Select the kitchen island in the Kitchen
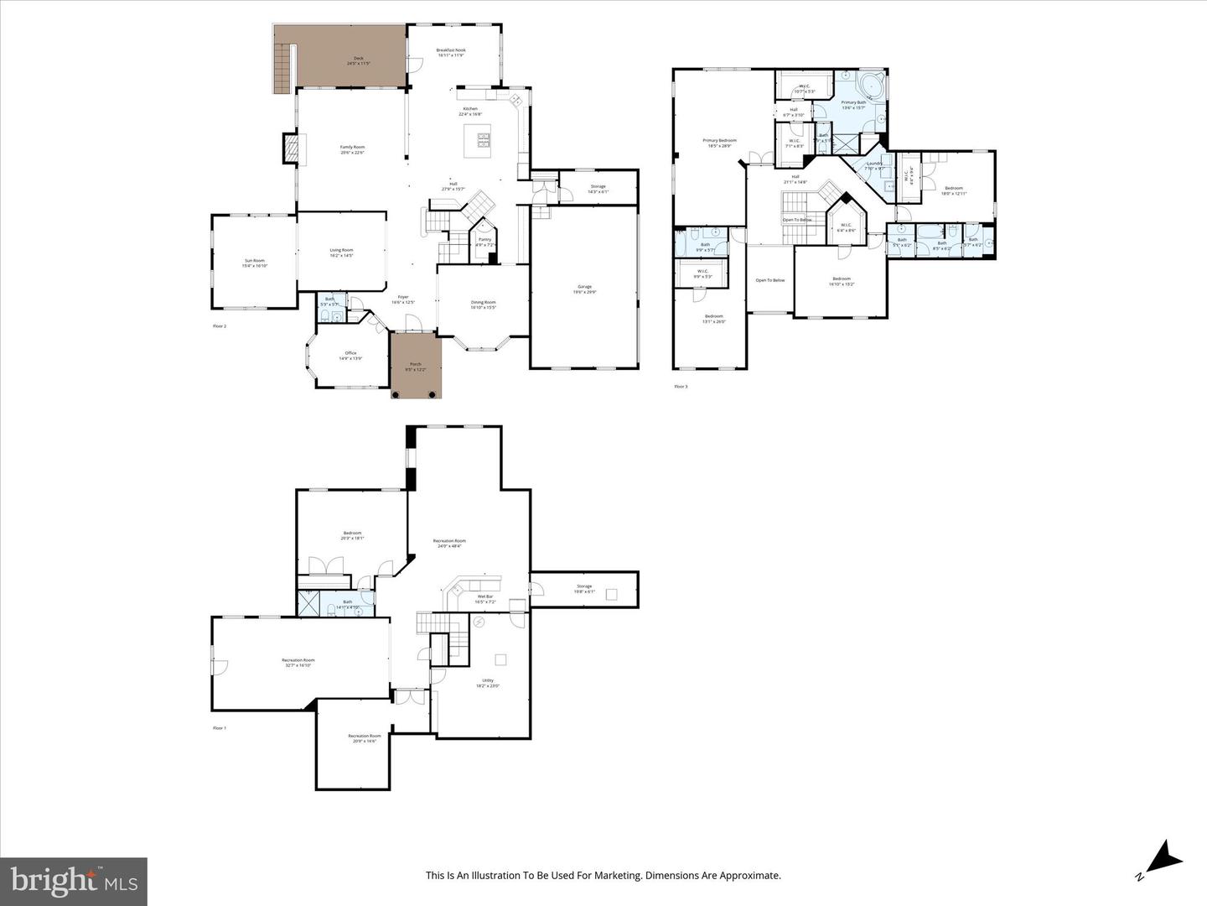[479, 140]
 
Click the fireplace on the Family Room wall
[290, 149]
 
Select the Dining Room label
[483, 304]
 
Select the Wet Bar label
[485, 598]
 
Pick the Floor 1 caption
[220, 728]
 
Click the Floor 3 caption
[681, 387]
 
